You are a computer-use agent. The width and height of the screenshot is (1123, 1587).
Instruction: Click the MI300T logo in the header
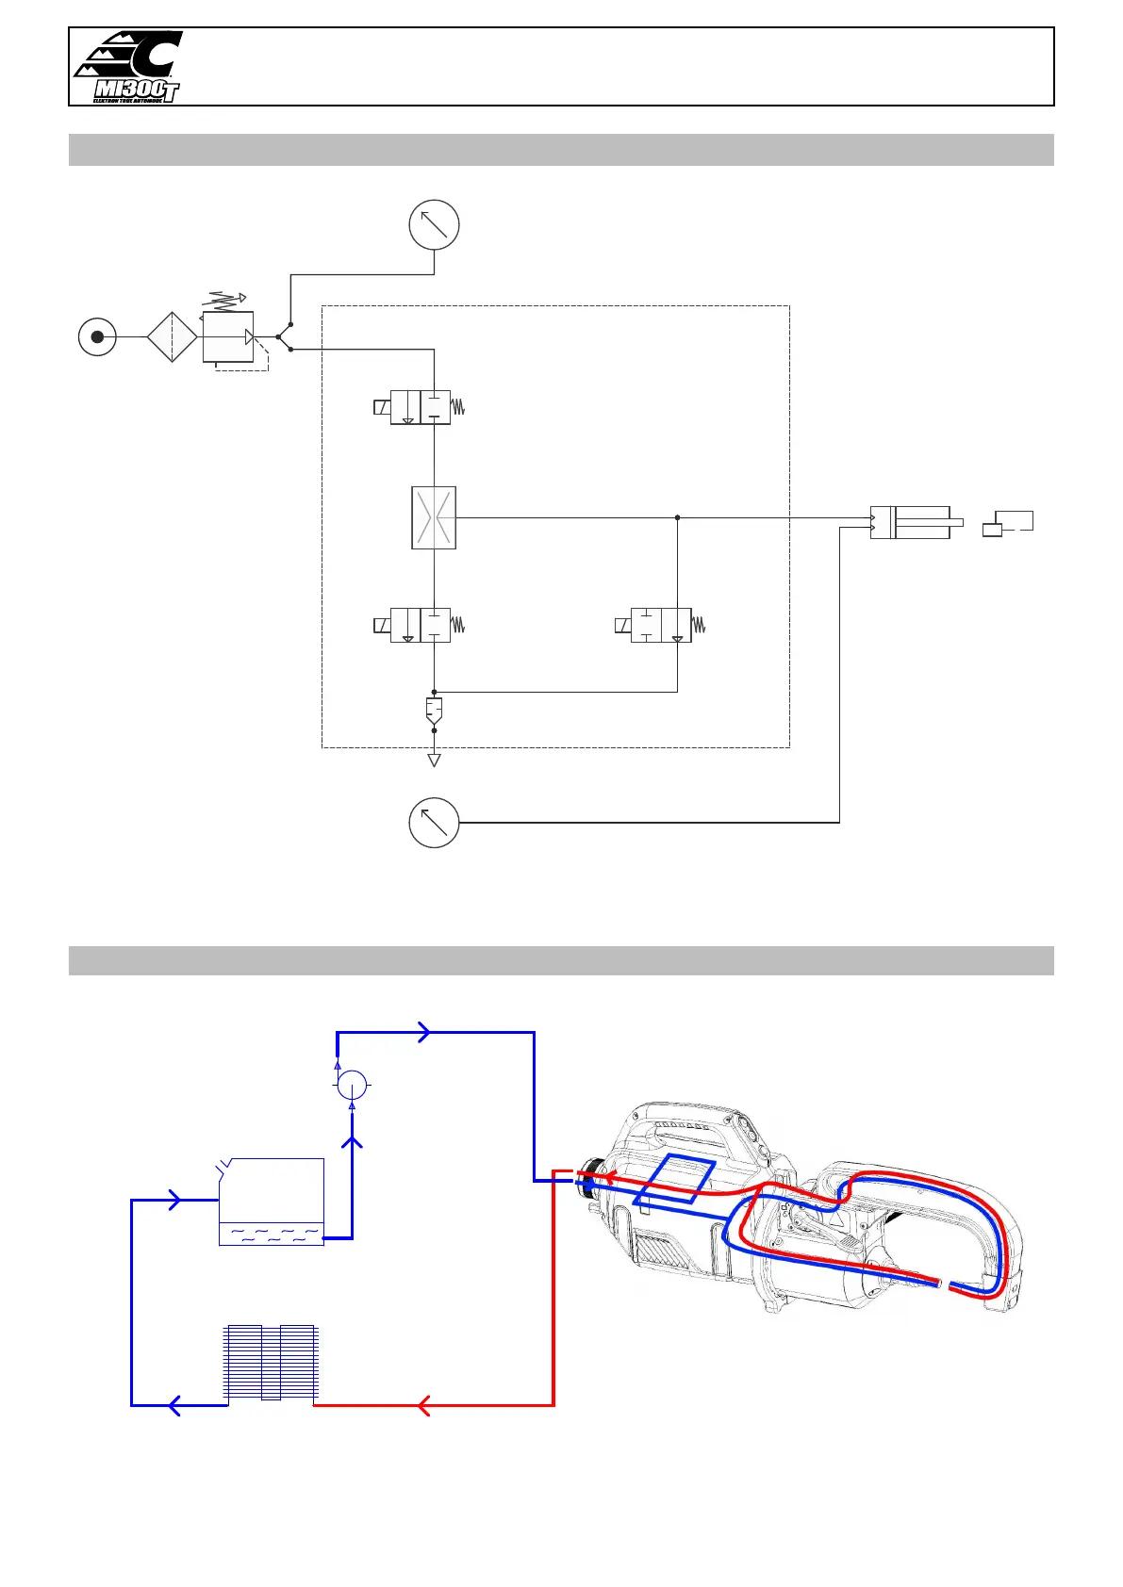click(128, 67)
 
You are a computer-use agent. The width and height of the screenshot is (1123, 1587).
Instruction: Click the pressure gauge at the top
click(434, 225)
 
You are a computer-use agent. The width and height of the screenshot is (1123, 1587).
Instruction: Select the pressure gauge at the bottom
click(434, 822)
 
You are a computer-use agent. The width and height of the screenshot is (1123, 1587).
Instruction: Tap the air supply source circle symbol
click(97, 336)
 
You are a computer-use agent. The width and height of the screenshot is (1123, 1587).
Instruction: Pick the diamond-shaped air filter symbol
click(173, 336)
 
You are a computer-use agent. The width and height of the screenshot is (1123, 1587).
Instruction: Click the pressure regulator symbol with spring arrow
click(228, 335)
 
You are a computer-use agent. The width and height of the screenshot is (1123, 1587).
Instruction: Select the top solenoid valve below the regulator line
click(421, 407)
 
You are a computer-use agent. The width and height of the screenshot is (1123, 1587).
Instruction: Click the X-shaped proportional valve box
click(434, 517)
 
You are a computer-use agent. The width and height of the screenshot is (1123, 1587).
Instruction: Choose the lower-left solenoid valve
click(421, 625)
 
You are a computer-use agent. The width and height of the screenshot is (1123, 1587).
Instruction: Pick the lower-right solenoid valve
click(661, 625)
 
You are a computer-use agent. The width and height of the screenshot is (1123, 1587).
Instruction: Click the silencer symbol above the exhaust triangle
click(434, 710)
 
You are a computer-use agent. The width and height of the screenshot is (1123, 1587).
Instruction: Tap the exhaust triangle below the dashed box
click(434, 760)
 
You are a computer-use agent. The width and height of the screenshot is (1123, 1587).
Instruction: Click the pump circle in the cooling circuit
click(353, 1085)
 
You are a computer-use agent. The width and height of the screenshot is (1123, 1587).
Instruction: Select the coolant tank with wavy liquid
click(272, 1202)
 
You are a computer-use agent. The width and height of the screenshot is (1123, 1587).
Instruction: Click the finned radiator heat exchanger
click(272, 1363)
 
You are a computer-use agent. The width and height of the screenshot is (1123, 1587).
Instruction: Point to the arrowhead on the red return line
click(423, 1405)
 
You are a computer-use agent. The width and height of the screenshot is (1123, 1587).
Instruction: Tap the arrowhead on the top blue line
click(424, 1032)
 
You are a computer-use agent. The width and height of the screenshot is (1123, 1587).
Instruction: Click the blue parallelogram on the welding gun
click(675, 1179)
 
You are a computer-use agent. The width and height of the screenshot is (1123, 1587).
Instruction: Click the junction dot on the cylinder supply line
click(677, 517)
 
